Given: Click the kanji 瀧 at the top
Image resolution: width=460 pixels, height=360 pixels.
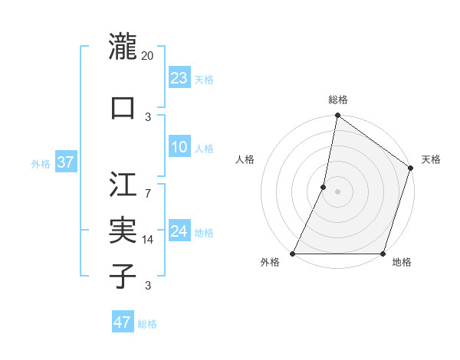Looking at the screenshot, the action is tap(123, 47).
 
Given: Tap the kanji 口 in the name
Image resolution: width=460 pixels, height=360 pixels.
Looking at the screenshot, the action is tap(123, 108).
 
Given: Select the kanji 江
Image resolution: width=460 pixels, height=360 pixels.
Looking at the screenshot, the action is tap(123, 185).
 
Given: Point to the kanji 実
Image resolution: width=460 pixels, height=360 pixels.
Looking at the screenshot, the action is tap(123, 230).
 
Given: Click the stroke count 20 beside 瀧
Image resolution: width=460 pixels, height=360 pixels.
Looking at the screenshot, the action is tap(149, 56).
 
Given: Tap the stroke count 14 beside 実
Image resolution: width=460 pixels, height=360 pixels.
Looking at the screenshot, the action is tap(149, 240).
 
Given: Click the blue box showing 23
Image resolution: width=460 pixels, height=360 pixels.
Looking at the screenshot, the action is tap(179, 78).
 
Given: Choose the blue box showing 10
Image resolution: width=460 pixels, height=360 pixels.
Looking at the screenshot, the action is tap(179, 147).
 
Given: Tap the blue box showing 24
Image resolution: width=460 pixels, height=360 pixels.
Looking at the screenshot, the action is tap(179, 231).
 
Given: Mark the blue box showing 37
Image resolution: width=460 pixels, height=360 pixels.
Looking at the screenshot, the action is tap(65, 162).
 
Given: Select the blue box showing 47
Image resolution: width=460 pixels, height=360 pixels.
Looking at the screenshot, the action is tap(122, 322).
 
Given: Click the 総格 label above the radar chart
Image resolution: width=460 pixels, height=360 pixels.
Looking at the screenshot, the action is tap(337, 100).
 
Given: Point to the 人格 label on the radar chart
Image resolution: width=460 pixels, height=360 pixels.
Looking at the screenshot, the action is tap(245, 159).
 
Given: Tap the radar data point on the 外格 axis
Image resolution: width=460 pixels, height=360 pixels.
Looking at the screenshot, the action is tap(293, 254).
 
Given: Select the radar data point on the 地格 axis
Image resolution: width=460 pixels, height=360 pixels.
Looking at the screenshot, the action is tap(383, 254).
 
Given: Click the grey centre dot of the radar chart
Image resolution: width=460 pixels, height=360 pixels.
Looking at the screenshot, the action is tap(337, 191).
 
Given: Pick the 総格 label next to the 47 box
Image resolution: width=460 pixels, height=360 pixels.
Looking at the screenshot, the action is tap(147, 324).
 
